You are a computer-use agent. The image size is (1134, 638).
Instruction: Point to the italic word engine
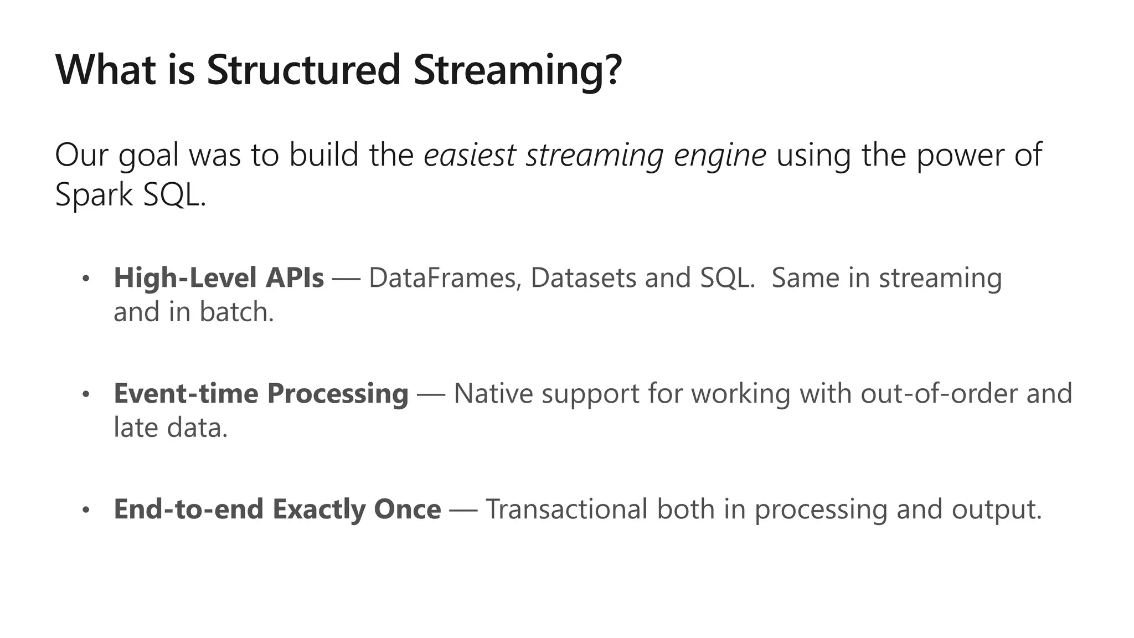coord(720,156)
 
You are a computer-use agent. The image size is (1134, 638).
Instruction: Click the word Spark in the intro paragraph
coord(94,195)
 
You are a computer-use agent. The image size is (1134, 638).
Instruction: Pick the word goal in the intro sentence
coord(148,156)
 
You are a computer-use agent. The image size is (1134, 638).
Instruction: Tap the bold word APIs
coord(295,277)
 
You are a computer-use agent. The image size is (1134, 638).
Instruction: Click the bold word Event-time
coord(186,393)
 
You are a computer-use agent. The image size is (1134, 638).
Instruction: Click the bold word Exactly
coord(319,510)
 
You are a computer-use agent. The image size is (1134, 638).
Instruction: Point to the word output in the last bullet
coord(996,510)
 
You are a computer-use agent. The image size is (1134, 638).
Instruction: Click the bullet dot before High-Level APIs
coord(85,279)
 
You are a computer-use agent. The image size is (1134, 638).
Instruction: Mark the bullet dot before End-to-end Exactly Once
coord(85,510)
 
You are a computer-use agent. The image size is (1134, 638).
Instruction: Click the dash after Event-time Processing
coord(431,395)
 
